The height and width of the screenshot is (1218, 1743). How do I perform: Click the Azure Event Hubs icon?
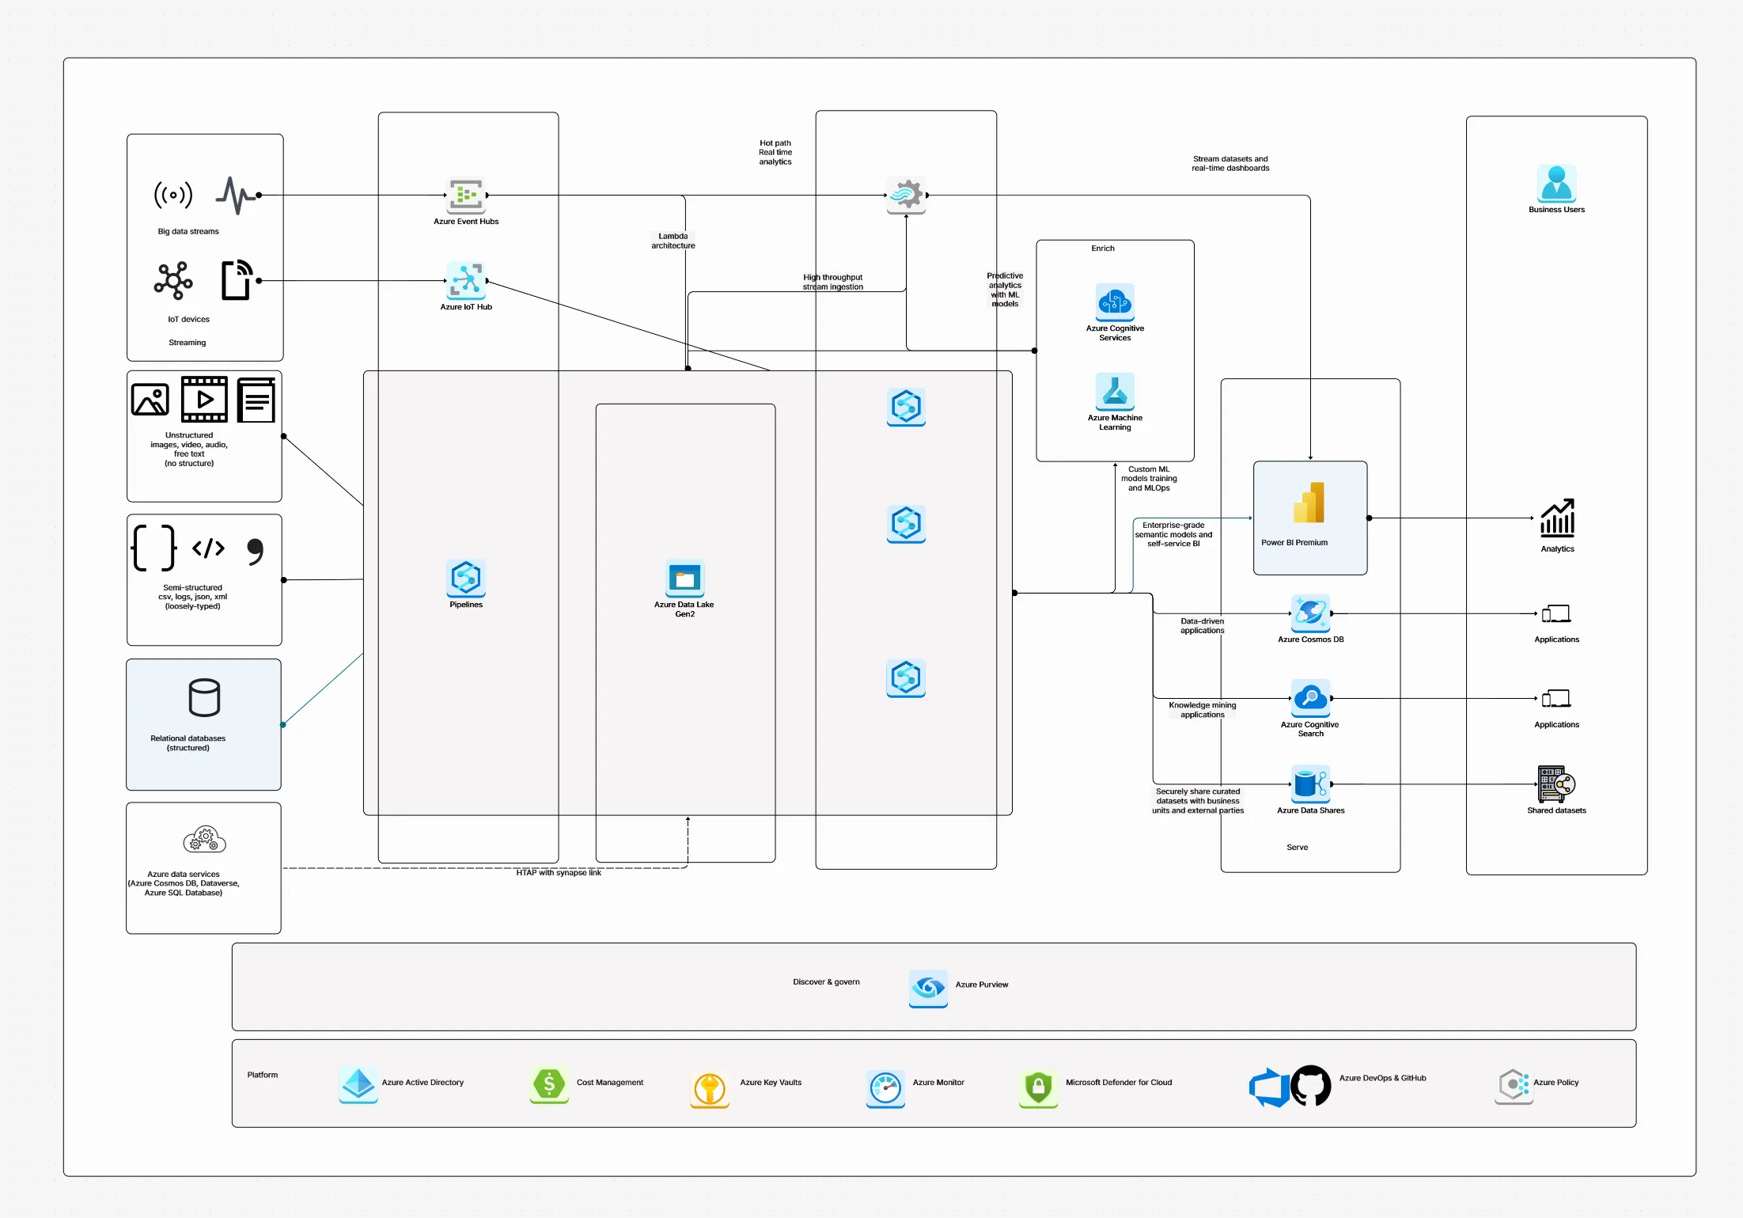pyautogui.click(x=466, y=195)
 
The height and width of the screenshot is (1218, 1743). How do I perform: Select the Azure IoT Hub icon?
pyautogui.click(x=466, y=280)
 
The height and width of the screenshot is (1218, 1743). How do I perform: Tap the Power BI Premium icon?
pyautogui.click(x=1309, y=503)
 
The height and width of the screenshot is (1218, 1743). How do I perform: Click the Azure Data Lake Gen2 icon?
pyautogui.click(x=684, y=579)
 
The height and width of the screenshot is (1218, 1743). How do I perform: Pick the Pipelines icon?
pyautogui.click(x=466, y=579)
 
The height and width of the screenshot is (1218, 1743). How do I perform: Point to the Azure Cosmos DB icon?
pyautogui.click(x=1310, y=613)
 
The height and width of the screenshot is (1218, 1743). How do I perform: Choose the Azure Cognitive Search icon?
pyautogui.click(x=1310, y=698)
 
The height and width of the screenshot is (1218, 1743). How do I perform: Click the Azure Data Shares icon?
pyautogui.click(x=1310, y=784)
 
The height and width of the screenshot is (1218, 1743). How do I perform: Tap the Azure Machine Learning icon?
pyautogui.click(x=1115, y=392)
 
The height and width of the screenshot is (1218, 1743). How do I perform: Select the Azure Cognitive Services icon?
pyautogui.click(x=1115, y=302)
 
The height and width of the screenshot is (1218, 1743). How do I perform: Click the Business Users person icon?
pyautogui.click(x=1556, y=184)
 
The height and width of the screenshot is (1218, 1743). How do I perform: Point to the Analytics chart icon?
pyautogui.click(x=1557, y=518)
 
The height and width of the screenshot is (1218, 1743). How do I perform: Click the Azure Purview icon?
pyautogui.click(x=928, y=987)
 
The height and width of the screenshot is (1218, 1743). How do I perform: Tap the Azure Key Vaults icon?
pyautogui.click(x=710, y=1088)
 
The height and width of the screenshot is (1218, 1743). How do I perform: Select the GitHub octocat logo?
pyautogui.click(x=1311, y=1086)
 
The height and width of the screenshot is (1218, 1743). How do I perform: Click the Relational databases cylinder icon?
pyautogui.click(x=204, y=697)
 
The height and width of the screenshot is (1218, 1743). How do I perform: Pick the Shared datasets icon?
pyautogui.click(x=1556, y=784)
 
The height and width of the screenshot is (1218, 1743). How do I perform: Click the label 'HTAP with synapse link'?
pyautogui.click(x=559, y=872)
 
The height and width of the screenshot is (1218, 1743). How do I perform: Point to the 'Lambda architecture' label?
pyautogui.click(x=673, y=241)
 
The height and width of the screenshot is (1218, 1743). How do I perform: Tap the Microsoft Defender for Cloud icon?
pyautogui.click(x=1038, y=1087)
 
